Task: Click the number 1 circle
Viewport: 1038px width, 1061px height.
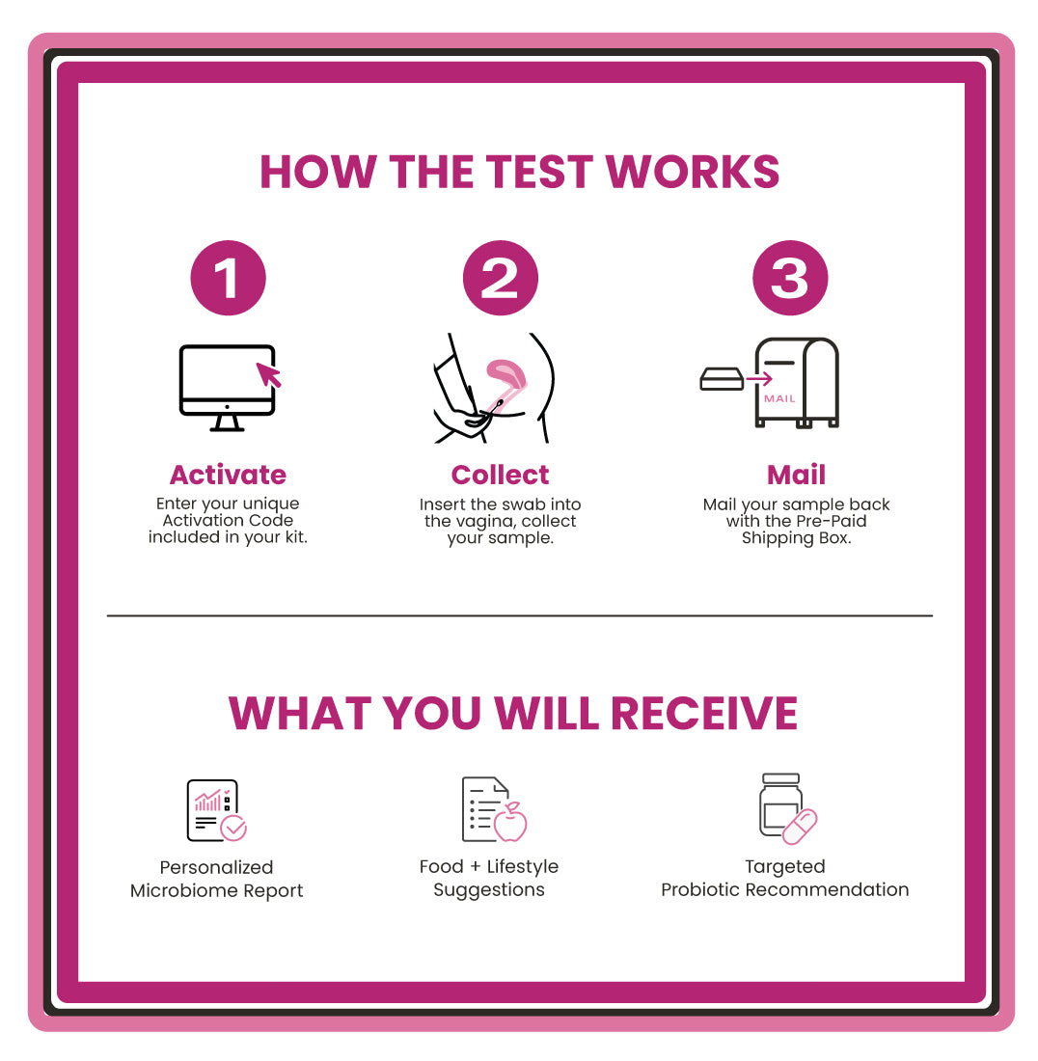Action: pos(228,278)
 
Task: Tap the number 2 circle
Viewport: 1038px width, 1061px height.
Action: pos(500,278)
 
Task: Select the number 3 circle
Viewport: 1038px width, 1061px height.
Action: pos(789,278)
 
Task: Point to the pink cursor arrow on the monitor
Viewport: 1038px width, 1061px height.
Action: pos(268,373)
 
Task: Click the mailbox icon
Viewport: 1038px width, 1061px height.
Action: pos(797,382)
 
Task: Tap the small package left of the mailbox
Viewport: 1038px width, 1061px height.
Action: pos(721,379)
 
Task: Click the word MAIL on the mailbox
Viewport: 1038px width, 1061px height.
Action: pos(779,397)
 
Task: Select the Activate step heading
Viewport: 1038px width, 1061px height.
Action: pos(228,475)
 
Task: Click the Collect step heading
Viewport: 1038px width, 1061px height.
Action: pos(500,475)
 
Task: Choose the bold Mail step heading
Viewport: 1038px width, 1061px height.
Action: pos(796,475)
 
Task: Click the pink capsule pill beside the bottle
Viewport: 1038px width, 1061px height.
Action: pos(799,827)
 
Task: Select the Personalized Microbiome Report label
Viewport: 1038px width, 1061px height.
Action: pos(216,879)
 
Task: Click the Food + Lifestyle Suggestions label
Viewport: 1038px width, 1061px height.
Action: pos(488,878)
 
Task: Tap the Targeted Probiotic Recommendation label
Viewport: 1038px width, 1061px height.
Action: pos(784,878)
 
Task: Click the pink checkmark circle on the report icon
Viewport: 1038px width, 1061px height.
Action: pos(233,828)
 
